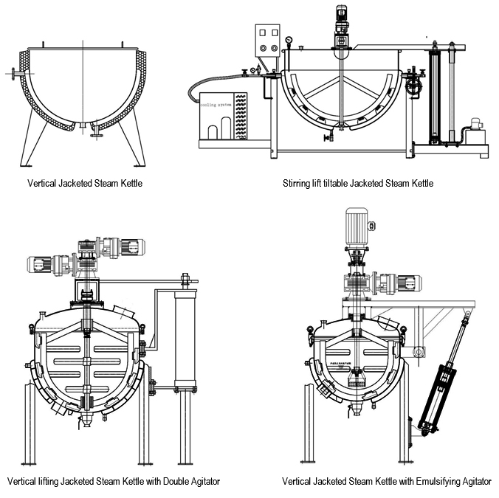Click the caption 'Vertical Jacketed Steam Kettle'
tap(85, 182)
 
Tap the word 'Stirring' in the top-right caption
tap(298, 182)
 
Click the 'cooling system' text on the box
tap(214, 105)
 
